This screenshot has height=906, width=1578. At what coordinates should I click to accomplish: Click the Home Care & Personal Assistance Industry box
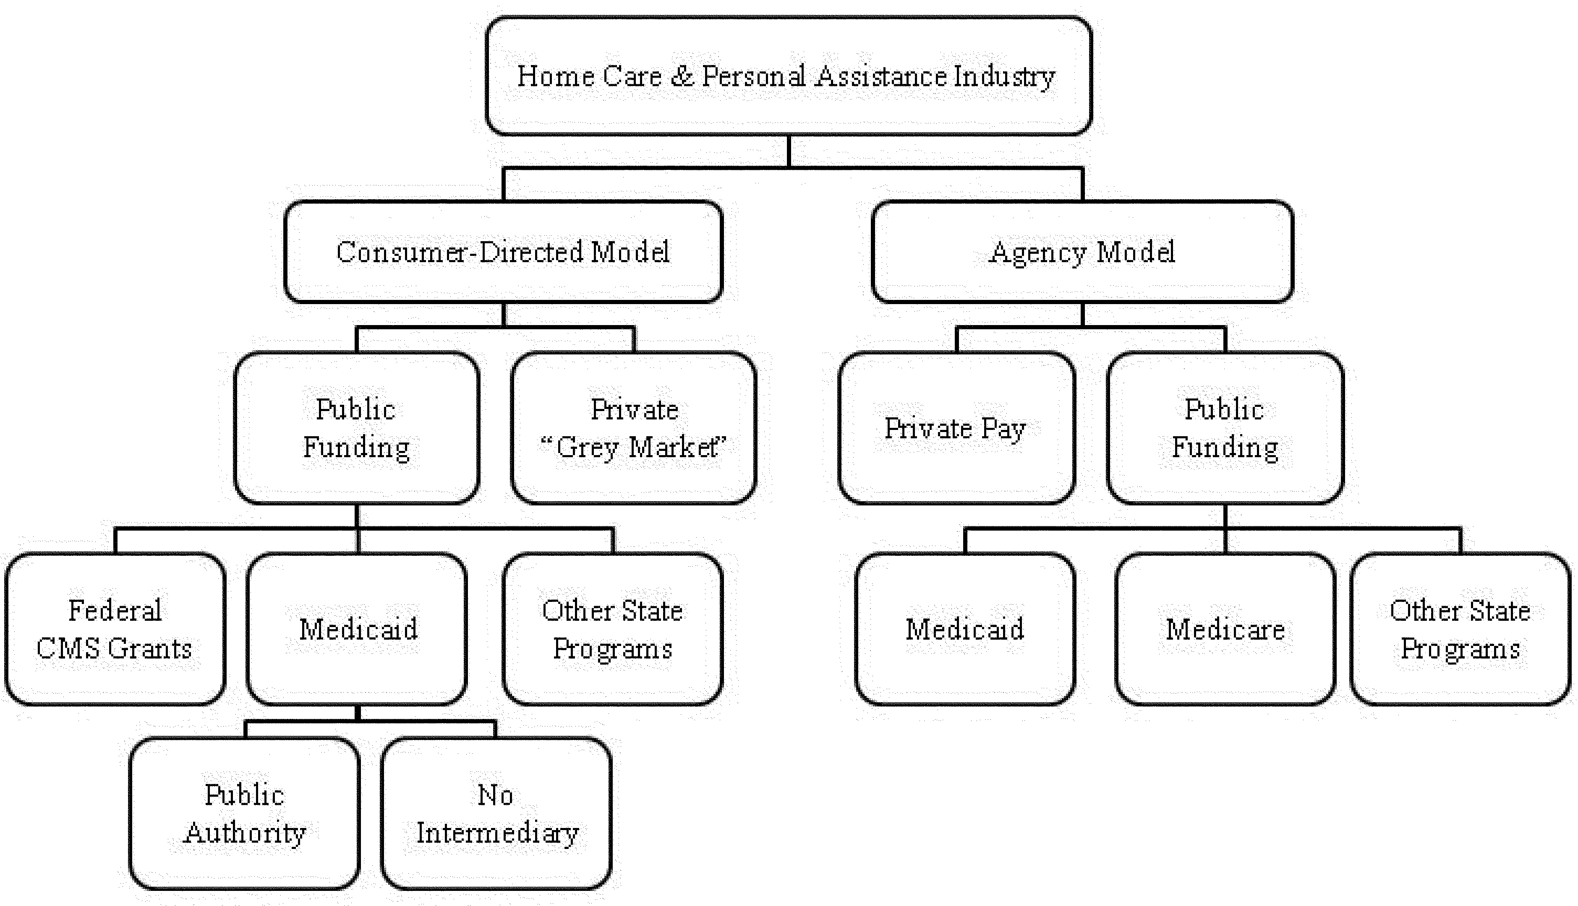pyautogui.click(x=789, y=76)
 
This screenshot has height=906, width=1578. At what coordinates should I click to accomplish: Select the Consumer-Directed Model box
pyautogui.click(x=503, y=252)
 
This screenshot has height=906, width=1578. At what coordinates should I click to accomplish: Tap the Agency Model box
pyautogui.click(x=1082, y=252)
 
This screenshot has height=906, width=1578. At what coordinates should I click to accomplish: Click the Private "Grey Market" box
pyautogui.click(x=634, y=428)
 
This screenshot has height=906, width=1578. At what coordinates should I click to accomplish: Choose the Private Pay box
pyautogui.click(x=956, y=428)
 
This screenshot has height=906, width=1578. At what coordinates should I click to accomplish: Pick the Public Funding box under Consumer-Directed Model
pyautogui.click(x=357, y=428)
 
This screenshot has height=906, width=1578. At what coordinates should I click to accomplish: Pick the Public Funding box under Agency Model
pyautogui.click(x=1225, y=428)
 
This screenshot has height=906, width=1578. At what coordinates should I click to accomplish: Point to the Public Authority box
pyautogui.click(x=245, y=814)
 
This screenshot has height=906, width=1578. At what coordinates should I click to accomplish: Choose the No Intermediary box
pyautogui.click(x=496, y=814)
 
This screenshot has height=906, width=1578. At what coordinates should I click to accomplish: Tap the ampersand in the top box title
pyautogui.click(x=682, y=76)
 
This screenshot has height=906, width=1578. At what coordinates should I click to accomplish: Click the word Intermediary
pyautogui.click(x=497, y=833)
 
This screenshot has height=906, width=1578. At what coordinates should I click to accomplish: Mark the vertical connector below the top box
pyautogui.click(x=789, y=151)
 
